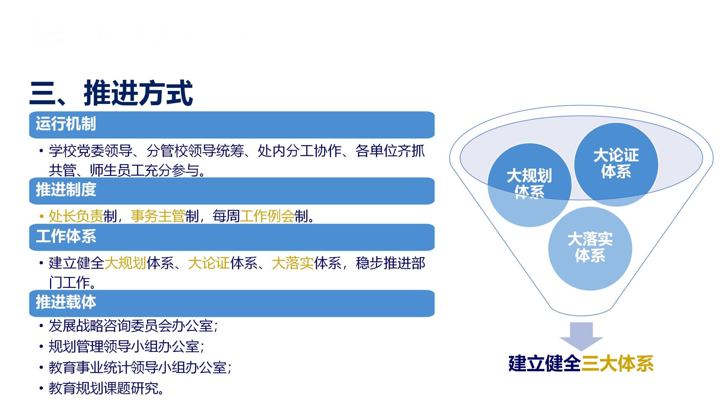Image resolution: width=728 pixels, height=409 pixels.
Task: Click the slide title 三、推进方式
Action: pos(111,93)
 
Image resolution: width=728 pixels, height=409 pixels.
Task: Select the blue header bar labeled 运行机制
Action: pos(232,125)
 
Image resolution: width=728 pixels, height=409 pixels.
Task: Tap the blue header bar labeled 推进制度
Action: pos(232,191)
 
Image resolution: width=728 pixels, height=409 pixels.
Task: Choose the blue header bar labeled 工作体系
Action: pos(232,237)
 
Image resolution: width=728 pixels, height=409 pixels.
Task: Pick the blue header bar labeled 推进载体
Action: pos(232,303)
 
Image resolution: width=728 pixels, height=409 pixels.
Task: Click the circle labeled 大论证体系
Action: pos(616,164)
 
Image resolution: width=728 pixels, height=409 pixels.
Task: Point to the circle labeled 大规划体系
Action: pos(529,185)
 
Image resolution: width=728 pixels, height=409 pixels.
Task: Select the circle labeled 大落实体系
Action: pos(590,249)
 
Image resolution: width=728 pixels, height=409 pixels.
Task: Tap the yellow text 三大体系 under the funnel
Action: pos(617,364)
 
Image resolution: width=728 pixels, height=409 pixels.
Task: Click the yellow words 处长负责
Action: pos(76,216)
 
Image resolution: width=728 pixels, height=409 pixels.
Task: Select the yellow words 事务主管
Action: pos(158,216)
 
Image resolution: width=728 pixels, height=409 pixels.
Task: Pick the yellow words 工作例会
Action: pos(267,216)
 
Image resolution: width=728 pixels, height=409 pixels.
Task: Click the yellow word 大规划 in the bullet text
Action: pos(125,263)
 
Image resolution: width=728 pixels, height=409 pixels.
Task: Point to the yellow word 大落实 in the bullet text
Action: pos(293,263)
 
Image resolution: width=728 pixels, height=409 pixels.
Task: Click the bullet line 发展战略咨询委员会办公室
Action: pos(133,326)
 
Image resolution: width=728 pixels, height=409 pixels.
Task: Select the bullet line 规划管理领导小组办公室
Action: pos(127,347)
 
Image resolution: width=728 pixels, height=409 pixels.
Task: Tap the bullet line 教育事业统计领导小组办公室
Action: pos(140,367)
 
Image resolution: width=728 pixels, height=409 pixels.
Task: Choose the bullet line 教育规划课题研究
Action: pos(106,388)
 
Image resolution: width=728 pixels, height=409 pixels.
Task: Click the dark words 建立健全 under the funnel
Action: pos(545,364)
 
